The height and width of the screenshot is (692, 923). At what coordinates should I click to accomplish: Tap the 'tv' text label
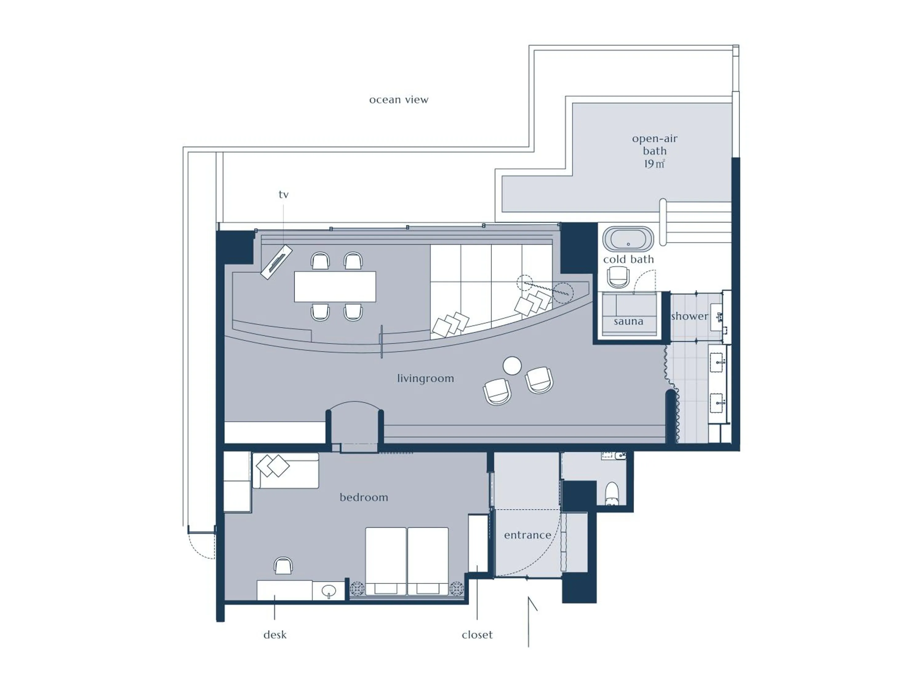(283, 194)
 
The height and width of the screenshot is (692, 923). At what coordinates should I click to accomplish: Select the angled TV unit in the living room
(276, 262)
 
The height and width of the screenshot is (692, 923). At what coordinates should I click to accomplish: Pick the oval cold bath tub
(628, 239)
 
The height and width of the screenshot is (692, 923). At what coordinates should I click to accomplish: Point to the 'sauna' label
(628, 321)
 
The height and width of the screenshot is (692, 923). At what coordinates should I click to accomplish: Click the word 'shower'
(689, 316)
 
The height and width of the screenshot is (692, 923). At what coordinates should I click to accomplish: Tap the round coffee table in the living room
(512, 366)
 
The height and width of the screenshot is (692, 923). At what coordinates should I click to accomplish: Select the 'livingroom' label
(425, 378)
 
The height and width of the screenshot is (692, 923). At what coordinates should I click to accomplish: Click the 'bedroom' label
(363, 497)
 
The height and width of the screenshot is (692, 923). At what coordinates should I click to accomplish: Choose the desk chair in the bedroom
(283, 566)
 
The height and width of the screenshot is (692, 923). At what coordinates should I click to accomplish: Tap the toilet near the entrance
(612, 493)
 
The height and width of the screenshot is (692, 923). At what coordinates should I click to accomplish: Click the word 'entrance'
(527, 535)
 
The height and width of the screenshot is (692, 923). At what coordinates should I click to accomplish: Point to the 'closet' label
(477, 635)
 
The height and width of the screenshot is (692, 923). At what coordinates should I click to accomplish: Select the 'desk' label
(275, 635)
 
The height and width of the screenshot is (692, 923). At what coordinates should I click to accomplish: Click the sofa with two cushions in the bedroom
(286, 471)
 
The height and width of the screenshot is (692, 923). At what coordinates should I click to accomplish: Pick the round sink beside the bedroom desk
(329, 591)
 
